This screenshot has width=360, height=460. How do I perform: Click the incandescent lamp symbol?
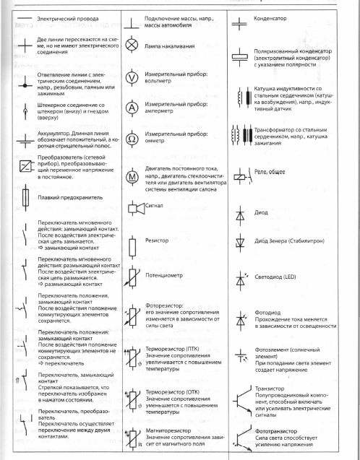point(132,45)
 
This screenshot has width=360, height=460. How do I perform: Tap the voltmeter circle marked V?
point(132,77)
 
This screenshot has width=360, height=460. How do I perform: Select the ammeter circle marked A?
point(132,108)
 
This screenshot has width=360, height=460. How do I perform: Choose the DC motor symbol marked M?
point(132,175)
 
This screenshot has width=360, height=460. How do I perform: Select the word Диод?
point(263,214)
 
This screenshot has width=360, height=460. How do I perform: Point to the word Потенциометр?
point(168,277)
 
